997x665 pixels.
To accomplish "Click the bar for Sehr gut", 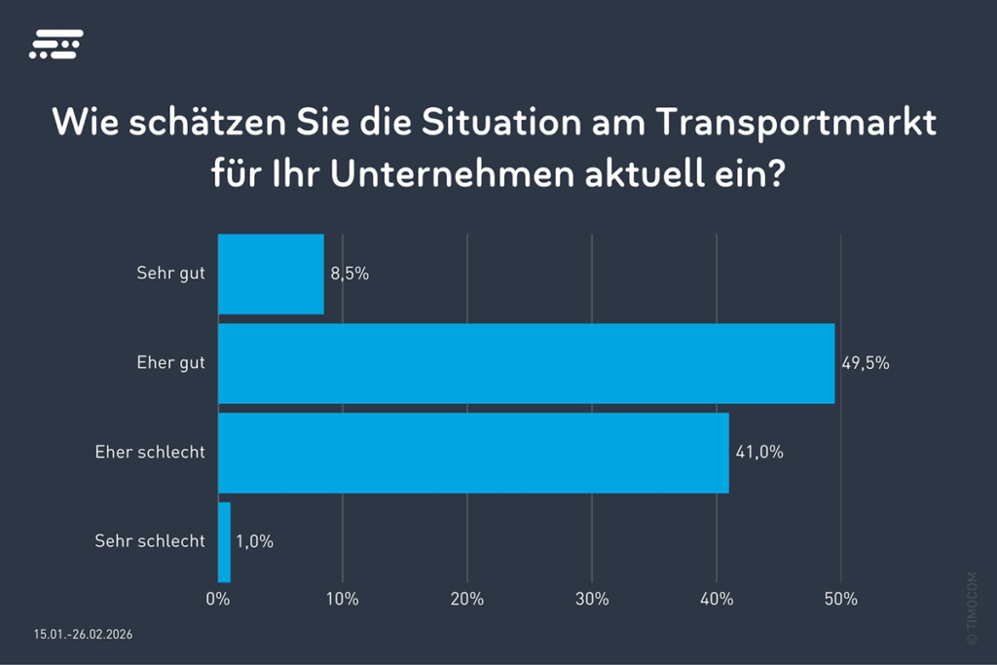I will (271, 274).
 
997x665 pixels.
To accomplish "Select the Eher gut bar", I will (526, 363).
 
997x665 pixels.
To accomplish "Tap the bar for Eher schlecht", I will (473, 453).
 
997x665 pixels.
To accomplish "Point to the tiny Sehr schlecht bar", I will (224, 542).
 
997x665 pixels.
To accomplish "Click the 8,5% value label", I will (350, 274).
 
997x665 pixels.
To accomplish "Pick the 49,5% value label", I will (865, 364).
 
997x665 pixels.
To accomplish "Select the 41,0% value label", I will (758, 453).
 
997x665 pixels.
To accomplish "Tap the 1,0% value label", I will (254, 541).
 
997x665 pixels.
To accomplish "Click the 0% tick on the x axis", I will (218, 599).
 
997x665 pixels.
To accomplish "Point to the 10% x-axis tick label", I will (343, 599).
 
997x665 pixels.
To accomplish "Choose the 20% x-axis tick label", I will (467, 599).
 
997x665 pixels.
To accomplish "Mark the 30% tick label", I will (592, 599).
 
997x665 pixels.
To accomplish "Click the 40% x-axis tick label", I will (717, 599).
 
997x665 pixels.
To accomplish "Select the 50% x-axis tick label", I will (841, 599).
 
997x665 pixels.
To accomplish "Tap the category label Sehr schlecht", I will (150, 541).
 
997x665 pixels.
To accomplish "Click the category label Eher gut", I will (171, 363).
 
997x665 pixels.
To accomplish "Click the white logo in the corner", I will (55, 44).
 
